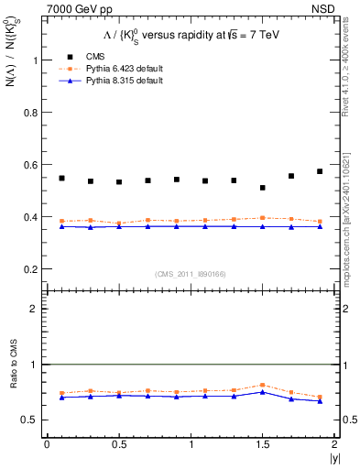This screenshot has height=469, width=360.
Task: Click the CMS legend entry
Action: [82, 56]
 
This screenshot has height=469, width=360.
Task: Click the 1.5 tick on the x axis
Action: [263, 444]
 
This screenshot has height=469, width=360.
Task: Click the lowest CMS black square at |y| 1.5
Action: [263, 188]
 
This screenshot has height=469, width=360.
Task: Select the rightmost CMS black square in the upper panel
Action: [320, 171]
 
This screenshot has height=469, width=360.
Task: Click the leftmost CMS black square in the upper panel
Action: [61, 178]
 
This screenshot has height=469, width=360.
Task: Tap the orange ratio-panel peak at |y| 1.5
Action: [263, 385]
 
